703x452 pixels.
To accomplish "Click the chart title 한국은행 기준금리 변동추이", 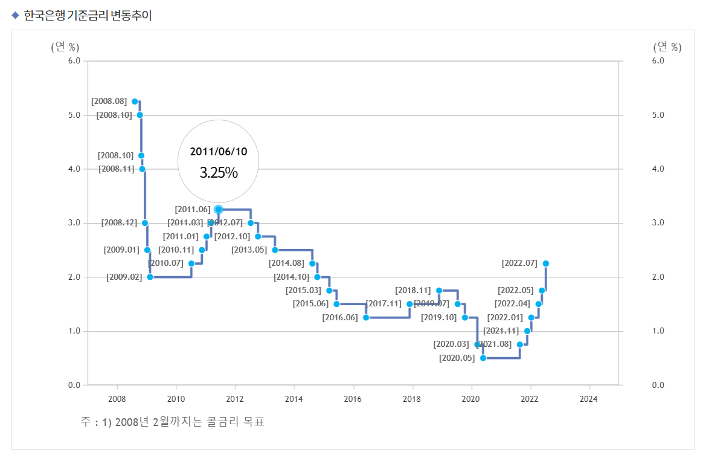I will pyautogui.click(x=88, y=16).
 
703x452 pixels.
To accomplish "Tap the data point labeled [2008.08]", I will pyautogui.click(x=135, y=102).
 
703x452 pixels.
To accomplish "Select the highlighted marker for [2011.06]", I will pyautogui.click(x=219, y=209).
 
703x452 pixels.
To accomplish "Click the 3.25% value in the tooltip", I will pyautogui.click(x=219, y=173).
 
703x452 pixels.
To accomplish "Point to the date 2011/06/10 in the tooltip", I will pyautogui.click(x=219, y=152).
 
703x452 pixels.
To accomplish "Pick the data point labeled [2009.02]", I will pyautogui.click(x=150, y=277).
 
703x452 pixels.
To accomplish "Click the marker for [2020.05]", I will pyautogui.click(x=483, y=358).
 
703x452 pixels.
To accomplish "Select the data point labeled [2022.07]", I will pyautogui.click(x=546, y=263).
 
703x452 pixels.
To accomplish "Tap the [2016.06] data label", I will pyautogui.click(x=340, y=317).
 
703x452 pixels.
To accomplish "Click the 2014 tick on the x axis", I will pyautogui.click(x=294, y=399).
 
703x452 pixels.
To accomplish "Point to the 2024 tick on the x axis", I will pyautogui.click(x=588, y=399).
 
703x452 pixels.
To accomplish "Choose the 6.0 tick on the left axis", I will pyautogui.click(x=74, y=61).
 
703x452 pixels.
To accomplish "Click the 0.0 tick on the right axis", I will pyautogui.click(x=658, y=385).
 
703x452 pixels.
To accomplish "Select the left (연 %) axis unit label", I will pyautogui.click(x=65, y=47).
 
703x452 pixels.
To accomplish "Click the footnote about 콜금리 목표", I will pyautogui.click(x=173, y=421).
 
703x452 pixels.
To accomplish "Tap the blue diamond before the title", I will pyautogui.click(x=16, y=16).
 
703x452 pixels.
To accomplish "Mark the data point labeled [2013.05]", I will pyautogui.click(x=275, y=250).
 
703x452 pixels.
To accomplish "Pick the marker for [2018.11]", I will pyautogui.click(x=439, y=290).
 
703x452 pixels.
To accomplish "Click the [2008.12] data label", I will pyautogui.click(x=120, y=222).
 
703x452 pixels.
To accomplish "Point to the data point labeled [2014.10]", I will pyautogui.click(x=317, y=277).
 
